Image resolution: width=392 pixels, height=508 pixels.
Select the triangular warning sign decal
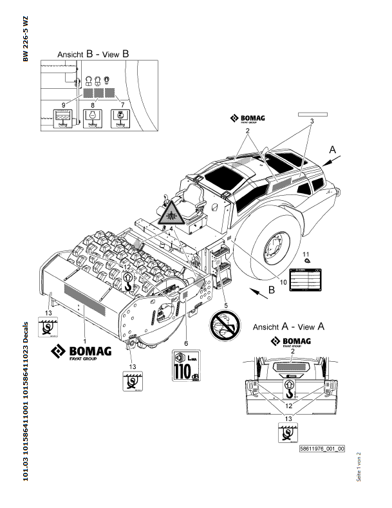pyautogui.click(x=171, y=212)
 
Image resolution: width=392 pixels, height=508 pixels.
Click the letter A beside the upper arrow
pyautogui.click(x=332, y=149)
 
